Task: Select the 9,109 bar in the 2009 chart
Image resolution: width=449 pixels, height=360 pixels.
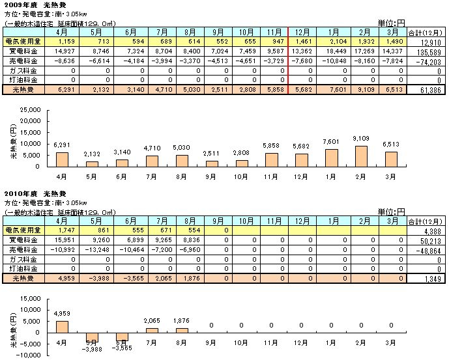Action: (x=361, y=156)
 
